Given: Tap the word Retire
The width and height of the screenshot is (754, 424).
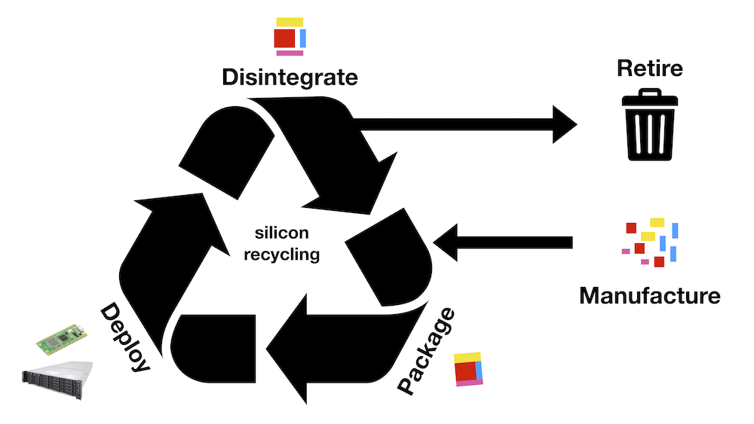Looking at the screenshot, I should (x=649, y=69).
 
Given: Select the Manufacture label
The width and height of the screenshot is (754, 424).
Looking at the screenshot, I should (x=649, y=294).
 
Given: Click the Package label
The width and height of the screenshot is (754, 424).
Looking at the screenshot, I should (x=427, y=351).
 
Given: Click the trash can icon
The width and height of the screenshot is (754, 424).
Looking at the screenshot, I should (x=649, y=125).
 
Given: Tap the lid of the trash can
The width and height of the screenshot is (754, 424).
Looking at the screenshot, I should (x=649, y=99).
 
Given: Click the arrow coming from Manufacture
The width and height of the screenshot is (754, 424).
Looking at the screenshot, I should (x=505, y=241).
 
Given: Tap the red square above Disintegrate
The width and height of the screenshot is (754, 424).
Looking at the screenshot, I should (x=284, y=38).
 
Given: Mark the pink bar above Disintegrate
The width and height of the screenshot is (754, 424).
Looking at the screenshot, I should (x=290, y=53).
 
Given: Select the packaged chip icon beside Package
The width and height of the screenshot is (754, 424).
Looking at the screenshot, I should (x=468, y=369).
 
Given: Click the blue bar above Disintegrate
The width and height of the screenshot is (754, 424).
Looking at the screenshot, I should (x=302, y=38).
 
